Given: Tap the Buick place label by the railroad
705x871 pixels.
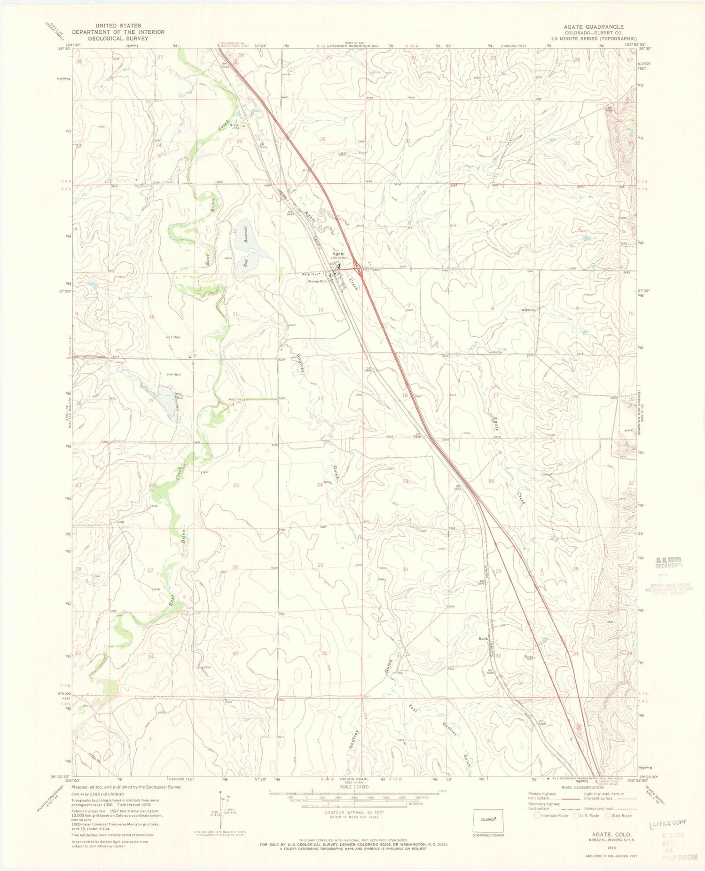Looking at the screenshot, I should coord(483,639).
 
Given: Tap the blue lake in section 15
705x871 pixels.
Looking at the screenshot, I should coord(164,396).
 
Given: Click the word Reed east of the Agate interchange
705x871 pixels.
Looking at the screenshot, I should coord(376,270).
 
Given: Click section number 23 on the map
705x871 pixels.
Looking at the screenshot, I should coord(235,485).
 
